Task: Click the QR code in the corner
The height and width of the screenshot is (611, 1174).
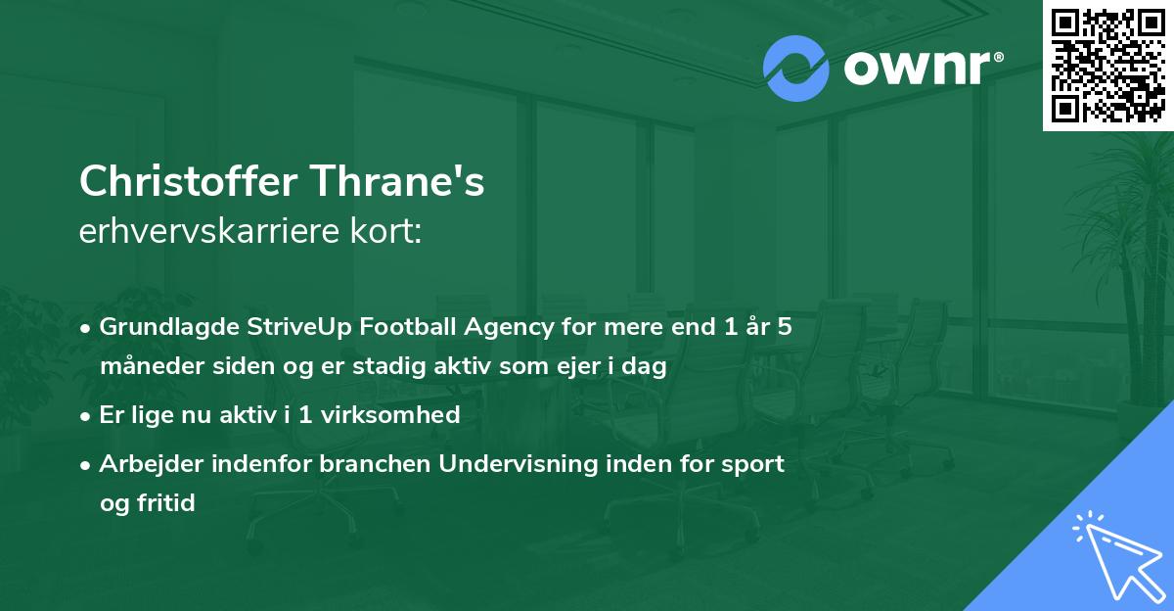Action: [1108, 66]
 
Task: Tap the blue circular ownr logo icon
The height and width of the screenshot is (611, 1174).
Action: [796, 69]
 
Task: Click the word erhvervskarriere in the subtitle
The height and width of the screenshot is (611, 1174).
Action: [206, 232]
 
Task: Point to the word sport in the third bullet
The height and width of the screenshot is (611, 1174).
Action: [756, 464]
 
